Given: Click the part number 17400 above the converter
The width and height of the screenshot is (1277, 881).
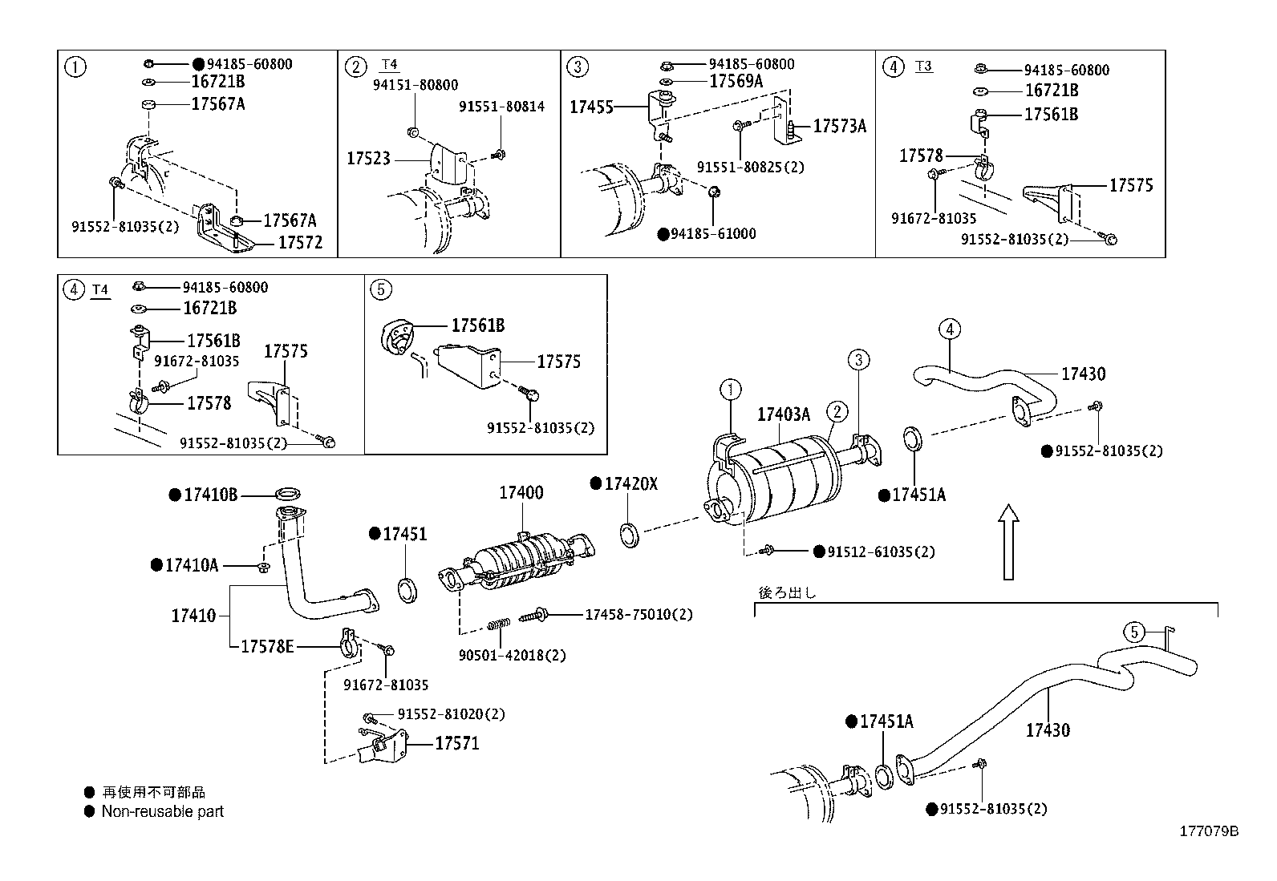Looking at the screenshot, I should click(521, 492).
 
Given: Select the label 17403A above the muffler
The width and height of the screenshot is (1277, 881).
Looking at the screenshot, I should click(784, 414).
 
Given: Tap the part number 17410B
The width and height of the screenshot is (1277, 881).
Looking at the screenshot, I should click(210, 495).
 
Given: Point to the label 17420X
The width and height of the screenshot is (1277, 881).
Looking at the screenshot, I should click(630, 483).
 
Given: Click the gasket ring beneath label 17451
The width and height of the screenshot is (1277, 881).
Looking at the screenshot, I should click(408, 589).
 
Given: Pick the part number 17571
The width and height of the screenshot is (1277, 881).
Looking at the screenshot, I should click(456, 743).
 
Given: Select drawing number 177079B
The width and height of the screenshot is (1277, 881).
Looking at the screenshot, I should click(1208, 831).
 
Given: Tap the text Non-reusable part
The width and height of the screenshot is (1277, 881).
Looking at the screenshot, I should click(162, 811).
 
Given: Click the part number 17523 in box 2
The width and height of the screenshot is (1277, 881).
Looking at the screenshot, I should click(368, 159).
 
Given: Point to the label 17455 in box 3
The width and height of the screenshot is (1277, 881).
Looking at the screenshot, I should click(591, 107).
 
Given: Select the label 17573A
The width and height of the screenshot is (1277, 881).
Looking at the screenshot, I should click(839, 126).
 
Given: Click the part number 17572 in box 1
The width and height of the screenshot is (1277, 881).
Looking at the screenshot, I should click(300, 242).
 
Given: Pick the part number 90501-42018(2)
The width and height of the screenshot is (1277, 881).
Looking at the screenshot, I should click(512, 655).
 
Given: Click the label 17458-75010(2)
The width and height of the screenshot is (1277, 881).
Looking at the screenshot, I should click(638, 614).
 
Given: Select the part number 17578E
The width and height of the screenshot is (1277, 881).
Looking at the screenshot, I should click(267, 645).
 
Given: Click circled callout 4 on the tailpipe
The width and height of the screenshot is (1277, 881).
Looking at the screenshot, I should click(949, 329).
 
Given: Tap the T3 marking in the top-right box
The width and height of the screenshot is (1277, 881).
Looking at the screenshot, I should click(924, 66).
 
